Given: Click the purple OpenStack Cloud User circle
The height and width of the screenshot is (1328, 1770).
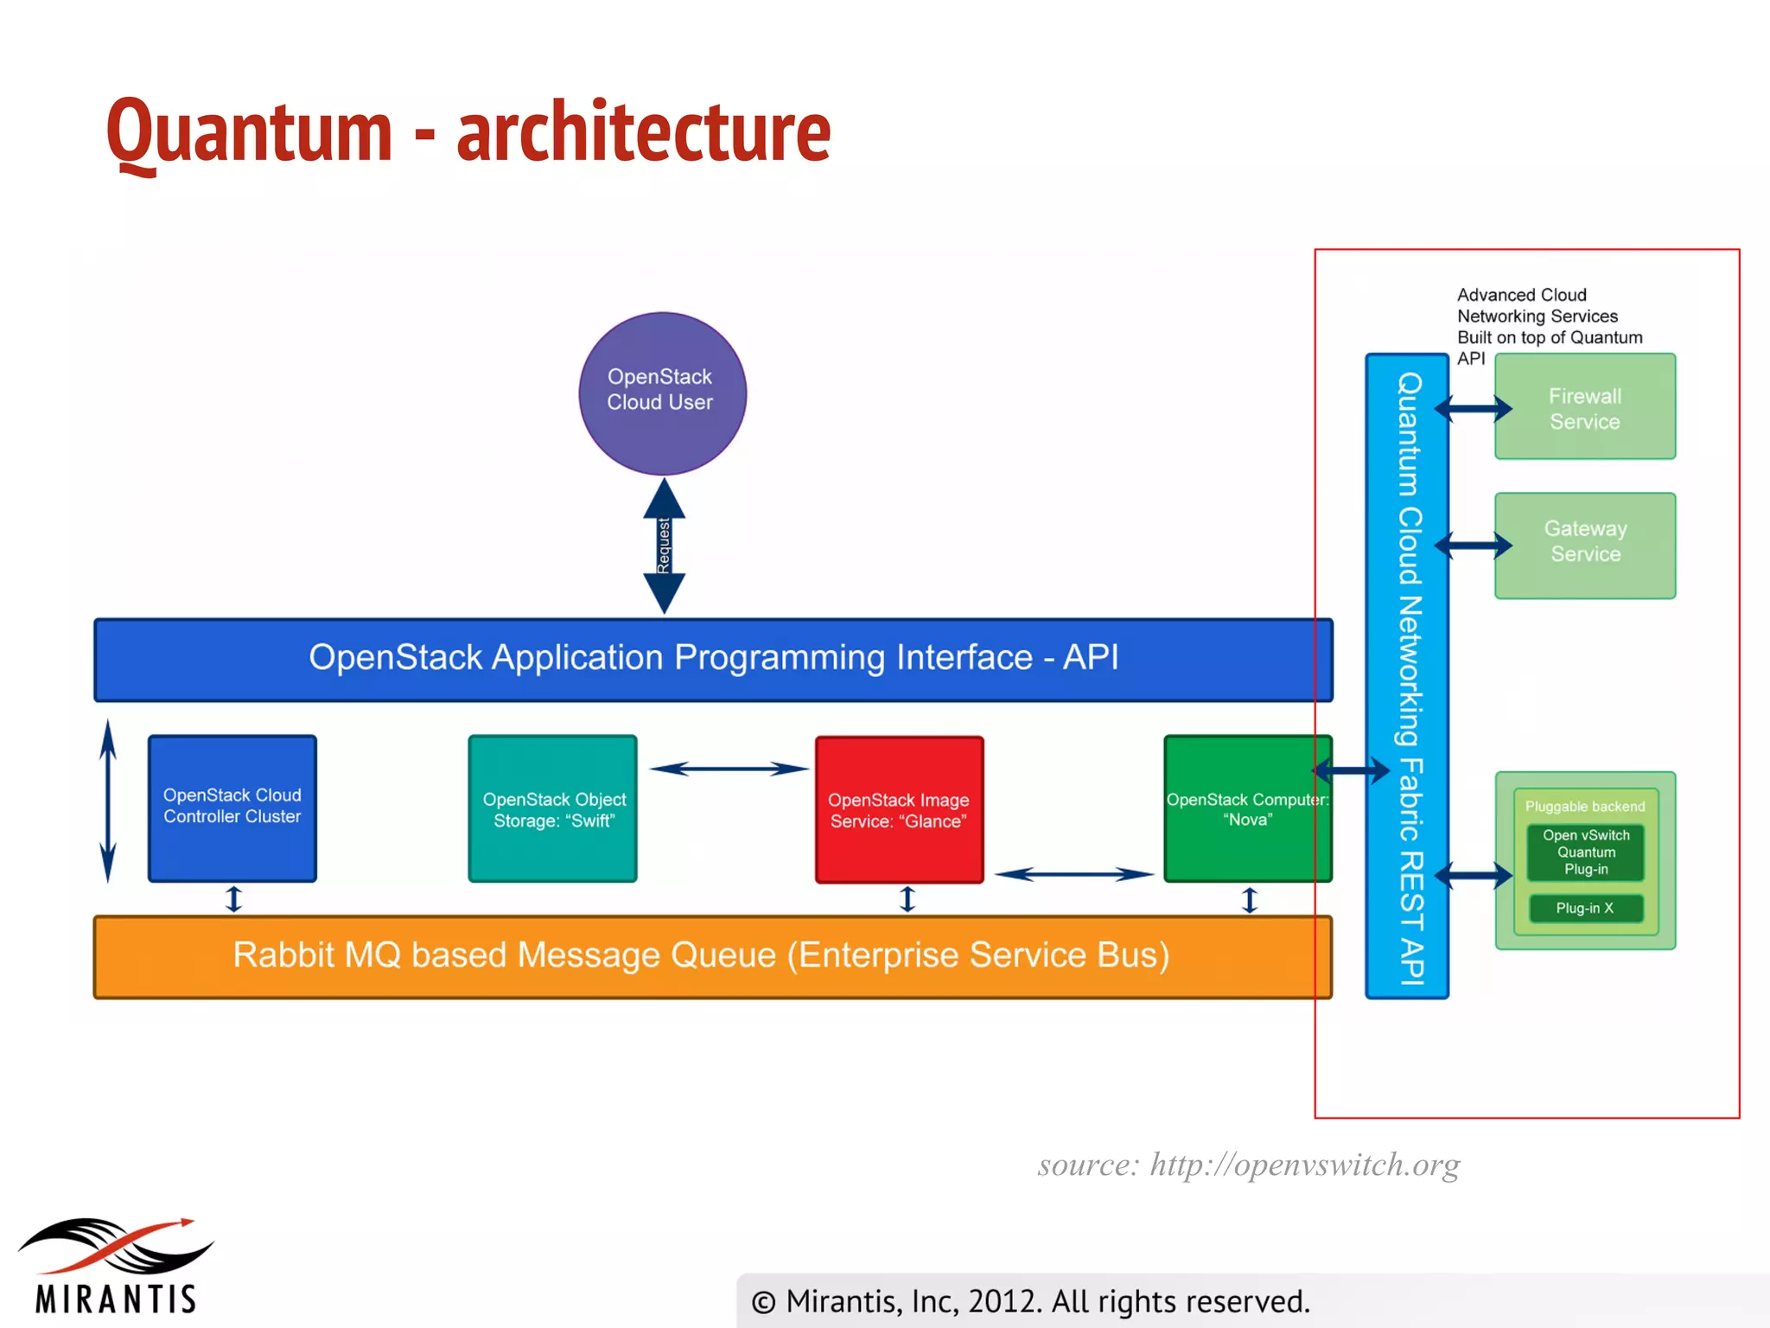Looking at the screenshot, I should click(x=662, y=393).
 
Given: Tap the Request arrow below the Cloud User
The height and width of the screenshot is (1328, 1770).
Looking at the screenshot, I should click(x=664, y=546).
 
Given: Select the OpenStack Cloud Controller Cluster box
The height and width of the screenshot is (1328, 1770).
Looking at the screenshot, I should click(x=232, y=808).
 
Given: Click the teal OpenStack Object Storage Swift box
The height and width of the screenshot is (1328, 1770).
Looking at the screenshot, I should click(x=553, y=809).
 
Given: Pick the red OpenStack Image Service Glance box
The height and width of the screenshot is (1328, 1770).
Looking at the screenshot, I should click(x=899, y=809).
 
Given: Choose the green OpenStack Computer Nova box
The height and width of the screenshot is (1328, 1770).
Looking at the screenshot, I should click(x=1247, y=809).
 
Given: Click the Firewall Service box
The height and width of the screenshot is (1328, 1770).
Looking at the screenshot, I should click(x=1584, y=407).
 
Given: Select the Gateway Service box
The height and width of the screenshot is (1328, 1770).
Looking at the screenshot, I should click(x=1584, y=545).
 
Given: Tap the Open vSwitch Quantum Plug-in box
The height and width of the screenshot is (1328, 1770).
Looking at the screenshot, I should click(x=1586, y=852).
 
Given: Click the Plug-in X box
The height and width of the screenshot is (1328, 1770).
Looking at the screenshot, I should click(x=1586, y=908).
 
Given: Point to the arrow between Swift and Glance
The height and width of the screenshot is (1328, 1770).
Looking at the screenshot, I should click(x=729, y=769).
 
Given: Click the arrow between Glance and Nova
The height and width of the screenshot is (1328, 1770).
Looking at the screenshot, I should click(x=1073, y=874).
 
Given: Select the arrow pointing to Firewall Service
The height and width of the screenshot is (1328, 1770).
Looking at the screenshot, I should click(x=1474, y=408).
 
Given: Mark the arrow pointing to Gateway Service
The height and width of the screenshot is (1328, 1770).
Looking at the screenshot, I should click(x=1474, y=545).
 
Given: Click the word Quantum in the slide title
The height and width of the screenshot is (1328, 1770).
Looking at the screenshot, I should click(x=249, y=131).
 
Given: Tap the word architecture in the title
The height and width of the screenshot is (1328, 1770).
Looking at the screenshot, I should click(x=643, y=131).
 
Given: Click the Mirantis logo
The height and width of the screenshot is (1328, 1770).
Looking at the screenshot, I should click(x=116, y=1267).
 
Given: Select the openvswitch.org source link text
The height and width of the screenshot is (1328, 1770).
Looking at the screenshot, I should click(x=1304, y=1165).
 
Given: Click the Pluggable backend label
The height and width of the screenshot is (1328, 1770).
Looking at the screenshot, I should click(x=1584, y=806).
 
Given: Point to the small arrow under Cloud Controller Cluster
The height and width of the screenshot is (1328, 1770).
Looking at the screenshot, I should click(x=233, y=899).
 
